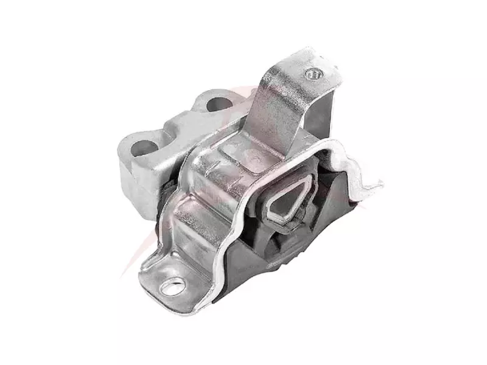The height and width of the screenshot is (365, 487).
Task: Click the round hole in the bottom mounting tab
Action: pyautogui.click(x=174, y=283)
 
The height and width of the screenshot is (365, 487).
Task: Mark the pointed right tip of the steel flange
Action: pyautogui.click(x=379, y=183)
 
